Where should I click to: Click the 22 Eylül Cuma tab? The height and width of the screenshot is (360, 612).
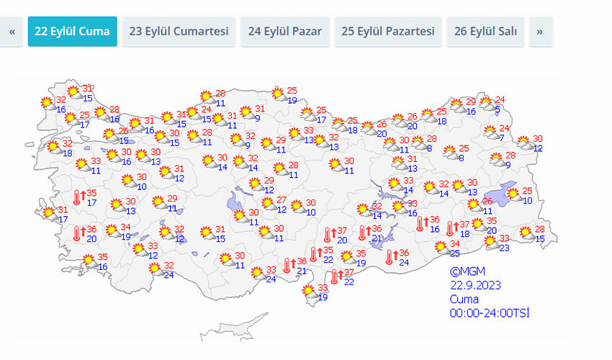(x=72, y=32)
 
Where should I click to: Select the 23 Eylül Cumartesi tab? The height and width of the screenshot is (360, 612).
(x=179, y=32)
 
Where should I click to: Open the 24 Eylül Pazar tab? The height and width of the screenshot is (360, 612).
(x=284, y=32)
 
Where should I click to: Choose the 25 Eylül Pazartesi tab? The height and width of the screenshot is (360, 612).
(x=387, y=32)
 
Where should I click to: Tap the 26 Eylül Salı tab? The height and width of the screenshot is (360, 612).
(x=486, y=32)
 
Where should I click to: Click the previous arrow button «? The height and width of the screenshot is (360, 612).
(x=12, y=32)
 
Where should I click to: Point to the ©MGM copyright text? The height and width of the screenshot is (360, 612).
(x=464, y=271)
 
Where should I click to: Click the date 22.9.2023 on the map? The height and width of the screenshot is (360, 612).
(x=475, y=285)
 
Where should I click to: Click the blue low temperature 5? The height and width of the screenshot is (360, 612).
(x=497, y=109)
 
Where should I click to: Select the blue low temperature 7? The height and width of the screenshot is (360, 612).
(x=501, y=138)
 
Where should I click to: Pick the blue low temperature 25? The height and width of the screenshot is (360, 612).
(x=455, y=254)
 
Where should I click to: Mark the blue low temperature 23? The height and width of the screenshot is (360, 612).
(x=505, y=248)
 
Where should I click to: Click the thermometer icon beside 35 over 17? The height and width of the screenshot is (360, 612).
(x=77, y=198)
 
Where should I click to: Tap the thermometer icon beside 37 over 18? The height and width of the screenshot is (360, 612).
(x=451, y=229)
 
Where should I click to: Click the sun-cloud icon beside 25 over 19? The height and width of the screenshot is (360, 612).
(x=278, y=94)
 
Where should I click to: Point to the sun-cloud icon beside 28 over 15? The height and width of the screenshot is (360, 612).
(x=527, y=233)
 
